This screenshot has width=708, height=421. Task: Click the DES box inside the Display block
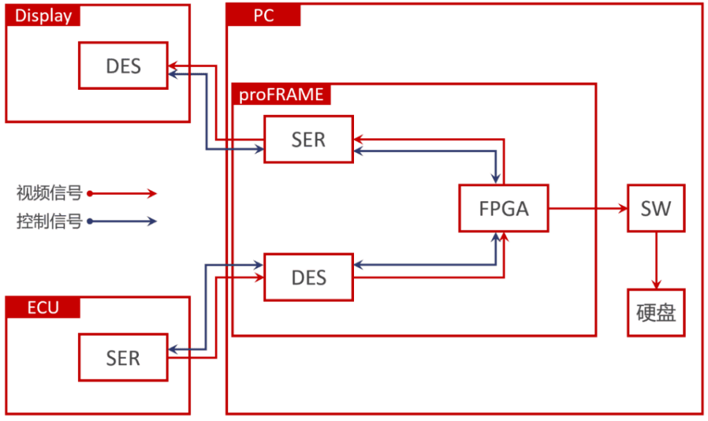tap(124, 66)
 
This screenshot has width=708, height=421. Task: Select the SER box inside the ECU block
tap(123, 357)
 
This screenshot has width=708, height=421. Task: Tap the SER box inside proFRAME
tap(308, 140)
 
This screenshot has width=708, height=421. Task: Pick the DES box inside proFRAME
tap(308, 278)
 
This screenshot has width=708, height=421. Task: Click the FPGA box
tap(504, 208)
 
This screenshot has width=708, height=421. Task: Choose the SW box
tap(655, 208)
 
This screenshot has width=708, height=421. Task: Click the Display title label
tap(43, 15)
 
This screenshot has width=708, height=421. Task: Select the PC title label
tap(264, 15)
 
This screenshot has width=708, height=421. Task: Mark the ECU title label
tap(43, 308)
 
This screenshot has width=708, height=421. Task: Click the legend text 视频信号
tap(49, 193)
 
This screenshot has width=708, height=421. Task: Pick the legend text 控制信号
tap(49, 221)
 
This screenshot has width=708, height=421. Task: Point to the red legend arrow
tap(124, 194)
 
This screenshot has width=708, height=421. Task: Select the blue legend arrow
tap(124, 221)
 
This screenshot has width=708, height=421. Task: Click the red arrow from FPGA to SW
tap(588, 208)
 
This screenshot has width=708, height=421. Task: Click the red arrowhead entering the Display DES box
tap(174, 66)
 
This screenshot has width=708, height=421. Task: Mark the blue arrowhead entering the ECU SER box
tap(174, 351)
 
